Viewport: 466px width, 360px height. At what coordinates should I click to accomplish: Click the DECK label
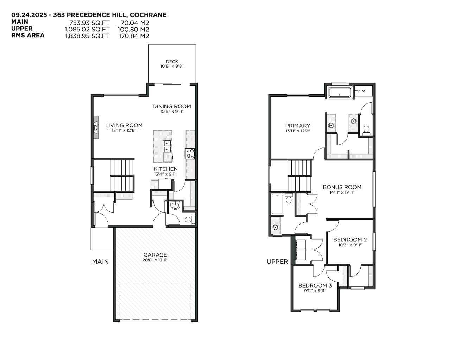pos(172,62)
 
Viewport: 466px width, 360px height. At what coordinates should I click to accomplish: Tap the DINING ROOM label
pos(172,106)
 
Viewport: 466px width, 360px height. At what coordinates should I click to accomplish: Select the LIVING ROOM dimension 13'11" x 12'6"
pos(124,130)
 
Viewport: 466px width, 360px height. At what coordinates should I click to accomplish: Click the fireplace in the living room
pos(96,125)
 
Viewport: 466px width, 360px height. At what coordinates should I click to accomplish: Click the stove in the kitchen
pos(190,153)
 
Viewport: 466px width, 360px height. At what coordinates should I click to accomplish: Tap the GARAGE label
pos(155,255)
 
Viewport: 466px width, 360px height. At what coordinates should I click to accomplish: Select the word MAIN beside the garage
pos(100,261)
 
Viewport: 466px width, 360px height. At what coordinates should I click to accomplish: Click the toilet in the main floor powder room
pos(189,220)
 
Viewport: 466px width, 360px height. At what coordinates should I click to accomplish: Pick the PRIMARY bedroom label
pos(297,126)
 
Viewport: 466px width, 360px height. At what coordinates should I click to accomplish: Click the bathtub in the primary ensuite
pos(339,93)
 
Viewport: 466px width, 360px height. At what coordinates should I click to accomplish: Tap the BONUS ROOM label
pos(342,187)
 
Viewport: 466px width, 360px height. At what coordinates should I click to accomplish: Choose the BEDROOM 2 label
pos(350,240)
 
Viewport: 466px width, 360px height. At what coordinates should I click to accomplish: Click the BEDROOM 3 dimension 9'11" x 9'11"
pos(315,291)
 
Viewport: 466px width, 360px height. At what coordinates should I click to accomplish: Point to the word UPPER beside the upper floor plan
pos(277,261)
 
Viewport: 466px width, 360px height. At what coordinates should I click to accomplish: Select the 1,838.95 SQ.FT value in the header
pos(87,36)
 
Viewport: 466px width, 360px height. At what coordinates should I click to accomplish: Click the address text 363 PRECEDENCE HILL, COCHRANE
pos(116,15)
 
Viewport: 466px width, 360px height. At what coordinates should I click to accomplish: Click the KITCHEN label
pos(165,169)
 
